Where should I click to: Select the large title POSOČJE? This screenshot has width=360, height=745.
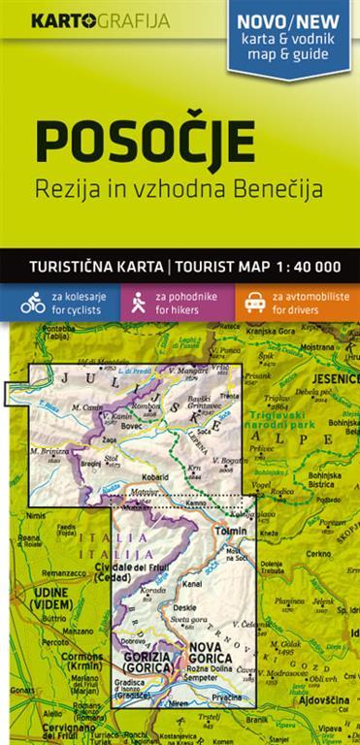tap(146, 142)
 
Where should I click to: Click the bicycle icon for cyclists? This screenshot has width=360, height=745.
tap(33, 301)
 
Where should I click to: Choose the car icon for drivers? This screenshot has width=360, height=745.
tap(255, 301)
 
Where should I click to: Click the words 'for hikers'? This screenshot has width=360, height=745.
tap(181, 308)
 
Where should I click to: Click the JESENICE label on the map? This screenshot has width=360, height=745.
tap(334, 379)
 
